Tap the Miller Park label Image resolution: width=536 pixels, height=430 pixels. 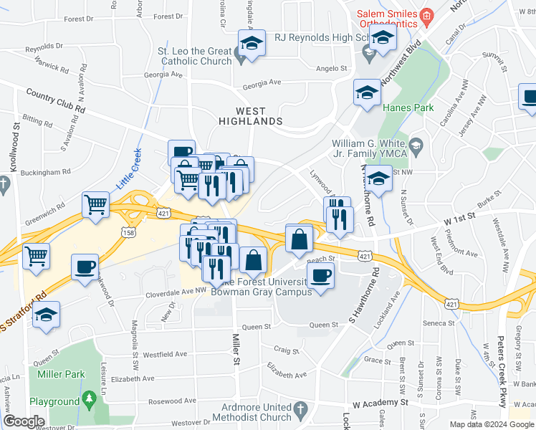(57, 374)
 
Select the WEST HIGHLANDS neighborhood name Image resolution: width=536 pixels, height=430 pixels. (251, 117)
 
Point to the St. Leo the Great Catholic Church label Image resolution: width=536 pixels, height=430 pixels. (194, 57)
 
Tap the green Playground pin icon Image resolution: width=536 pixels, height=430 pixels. (89, 402)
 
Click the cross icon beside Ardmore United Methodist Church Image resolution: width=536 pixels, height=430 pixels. (301, 411)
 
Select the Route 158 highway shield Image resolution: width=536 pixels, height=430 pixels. (129, 232)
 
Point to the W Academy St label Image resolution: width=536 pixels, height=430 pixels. (381, 403)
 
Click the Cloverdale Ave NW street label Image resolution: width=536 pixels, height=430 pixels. (161, 291)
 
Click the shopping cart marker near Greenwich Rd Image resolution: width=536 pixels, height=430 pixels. (95, 205)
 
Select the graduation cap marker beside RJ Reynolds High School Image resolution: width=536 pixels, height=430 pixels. (383, 40)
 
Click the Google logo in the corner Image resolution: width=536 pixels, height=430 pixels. (24, 421)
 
